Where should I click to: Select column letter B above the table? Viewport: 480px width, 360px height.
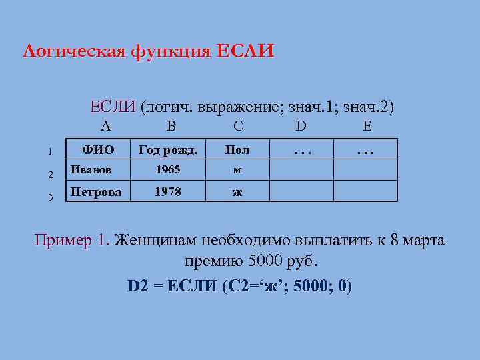click(171, 126)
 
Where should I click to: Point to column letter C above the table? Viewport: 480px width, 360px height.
click(238, 126)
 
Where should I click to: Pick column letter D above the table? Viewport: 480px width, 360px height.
click(301, 126)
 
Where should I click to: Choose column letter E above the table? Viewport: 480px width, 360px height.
click(367, 126)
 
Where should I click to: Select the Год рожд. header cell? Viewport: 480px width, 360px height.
click(167, 149)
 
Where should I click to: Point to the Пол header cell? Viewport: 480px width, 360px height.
click(237, 149)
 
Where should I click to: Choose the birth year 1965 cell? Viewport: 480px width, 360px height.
click(167, 170)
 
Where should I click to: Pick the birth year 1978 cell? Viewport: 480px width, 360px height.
click(167, 191)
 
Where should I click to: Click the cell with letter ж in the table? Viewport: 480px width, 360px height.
click(237, 192)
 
